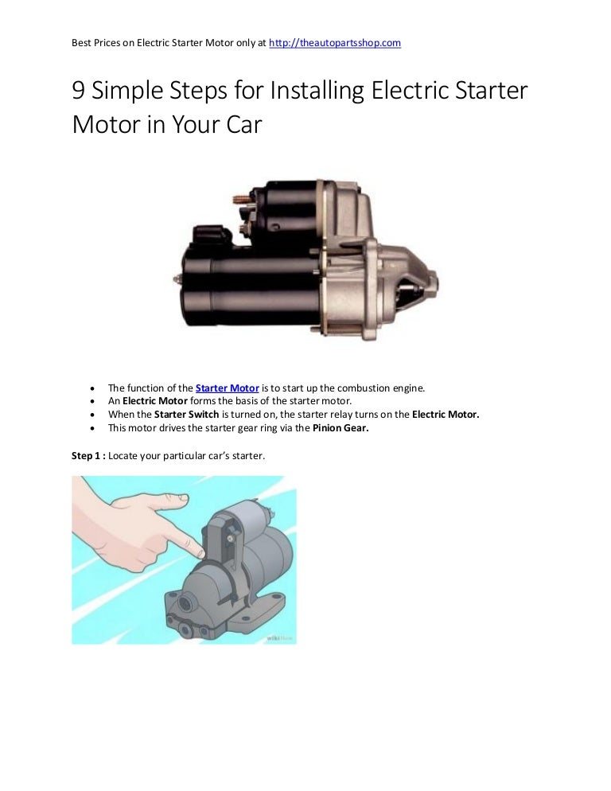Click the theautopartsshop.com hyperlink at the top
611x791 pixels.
coord(335,42)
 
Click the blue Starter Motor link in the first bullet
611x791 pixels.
coord(227,388)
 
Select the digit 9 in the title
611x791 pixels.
coord(79,91)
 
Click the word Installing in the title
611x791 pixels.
coord(317,91)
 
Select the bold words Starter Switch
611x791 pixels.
coord(186,415)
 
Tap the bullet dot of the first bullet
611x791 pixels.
coord(93,388)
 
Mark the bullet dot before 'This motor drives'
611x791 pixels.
coord(93,427)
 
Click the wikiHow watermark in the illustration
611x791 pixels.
coord(279,637)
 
